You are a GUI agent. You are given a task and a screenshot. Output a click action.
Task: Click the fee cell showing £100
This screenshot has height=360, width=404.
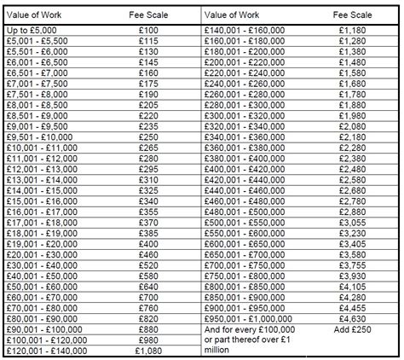[148, 29]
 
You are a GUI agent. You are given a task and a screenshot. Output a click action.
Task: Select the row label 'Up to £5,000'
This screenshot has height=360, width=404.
[33, 29]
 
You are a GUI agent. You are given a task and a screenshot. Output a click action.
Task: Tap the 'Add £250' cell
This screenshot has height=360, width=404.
[352, 328]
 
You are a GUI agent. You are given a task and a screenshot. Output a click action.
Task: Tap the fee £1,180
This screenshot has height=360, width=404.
[352, 29]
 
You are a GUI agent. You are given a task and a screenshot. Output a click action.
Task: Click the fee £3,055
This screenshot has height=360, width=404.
[352, 220]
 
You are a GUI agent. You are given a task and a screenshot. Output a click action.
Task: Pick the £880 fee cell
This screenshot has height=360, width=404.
[148, 328]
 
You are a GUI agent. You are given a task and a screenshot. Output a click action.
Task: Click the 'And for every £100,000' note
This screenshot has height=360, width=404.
[251, 328]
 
